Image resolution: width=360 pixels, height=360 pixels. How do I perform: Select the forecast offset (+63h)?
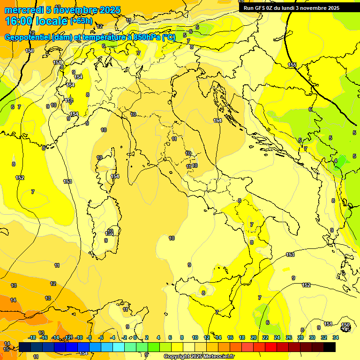tap(82, 21)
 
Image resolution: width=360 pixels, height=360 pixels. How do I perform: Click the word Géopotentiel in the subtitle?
tap(28, 38)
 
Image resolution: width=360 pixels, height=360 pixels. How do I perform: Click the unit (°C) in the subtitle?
tap(169, 38)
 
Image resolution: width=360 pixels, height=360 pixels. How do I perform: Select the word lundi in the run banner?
tap(293, 8)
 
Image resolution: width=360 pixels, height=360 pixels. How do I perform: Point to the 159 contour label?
tap(30, 51)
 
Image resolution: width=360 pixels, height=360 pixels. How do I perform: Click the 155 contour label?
tap(292, 65)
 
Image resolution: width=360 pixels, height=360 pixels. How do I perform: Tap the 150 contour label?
tap(345, 325)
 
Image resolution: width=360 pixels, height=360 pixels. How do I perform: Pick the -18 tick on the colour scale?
tap(32, 337)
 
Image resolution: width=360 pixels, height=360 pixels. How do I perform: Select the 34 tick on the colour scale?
tap(336, 337)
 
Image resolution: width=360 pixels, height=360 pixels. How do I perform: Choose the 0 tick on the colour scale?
tap(135, 337)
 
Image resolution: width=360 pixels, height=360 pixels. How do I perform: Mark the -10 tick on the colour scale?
tap(79, 337)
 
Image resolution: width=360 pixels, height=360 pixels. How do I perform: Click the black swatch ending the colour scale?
tap(330, 347)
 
